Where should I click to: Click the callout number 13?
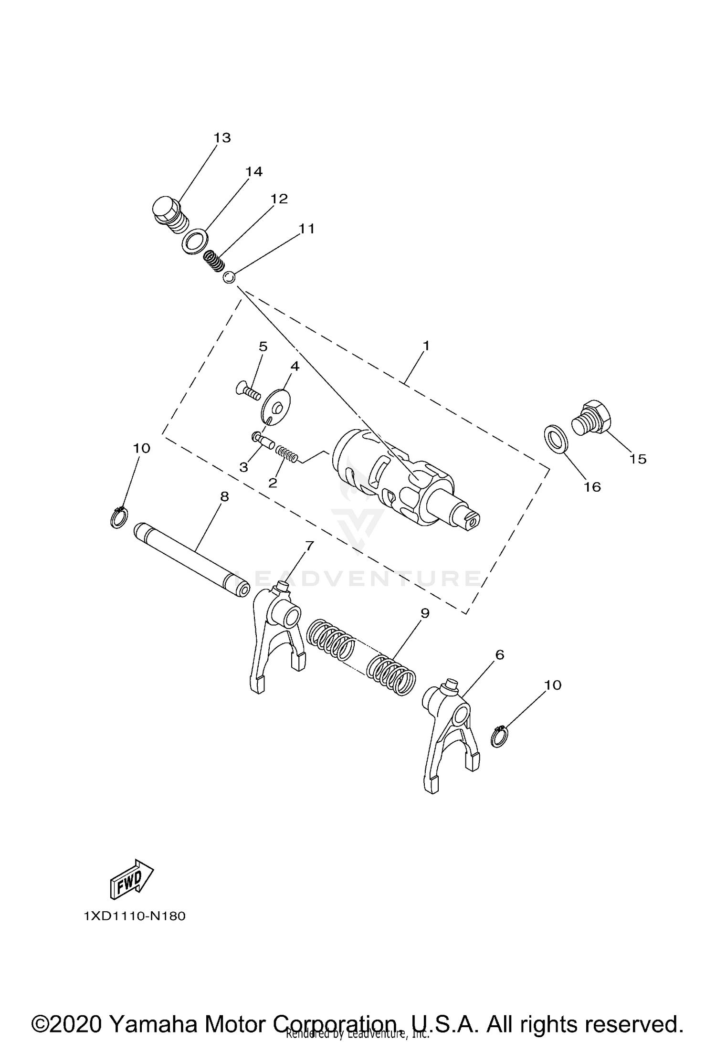(x=222, y=138)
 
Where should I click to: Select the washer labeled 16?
(x=556, y=438)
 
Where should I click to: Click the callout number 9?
(x=424, y=613)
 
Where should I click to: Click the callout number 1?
(x=426, y=345)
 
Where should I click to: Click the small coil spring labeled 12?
(x=214, y=262)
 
